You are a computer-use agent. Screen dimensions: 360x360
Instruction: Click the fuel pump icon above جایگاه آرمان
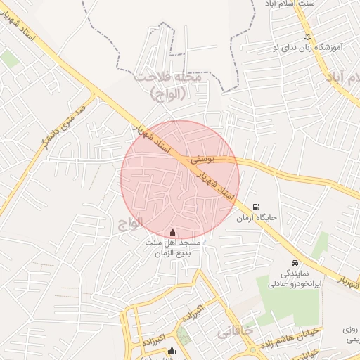pyautogui.click(x=255, y=207)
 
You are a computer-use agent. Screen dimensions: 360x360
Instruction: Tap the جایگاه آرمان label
pyautogui.click(x=257, y=219)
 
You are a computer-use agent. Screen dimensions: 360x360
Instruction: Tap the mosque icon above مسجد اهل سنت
pyautogui.click(x=173, y=232)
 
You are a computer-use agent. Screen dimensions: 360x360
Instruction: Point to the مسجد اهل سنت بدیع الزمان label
pyautogui.click(x=173, y=247)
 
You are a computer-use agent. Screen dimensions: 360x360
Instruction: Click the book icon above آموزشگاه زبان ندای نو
pyautogui.click(x=307, y=37)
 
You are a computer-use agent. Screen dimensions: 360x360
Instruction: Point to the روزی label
pyautogui.click(x=350, y=328)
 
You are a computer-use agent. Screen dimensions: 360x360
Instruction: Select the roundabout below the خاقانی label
pyautogui.click(x=251, y=349)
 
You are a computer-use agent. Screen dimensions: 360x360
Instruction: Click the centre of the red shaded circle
pyautogui.click(x=180, y=179)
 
